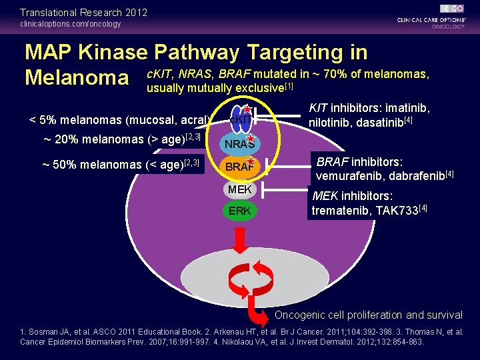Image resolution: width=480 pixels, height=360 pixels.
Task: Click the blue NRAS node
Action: click(239, 143)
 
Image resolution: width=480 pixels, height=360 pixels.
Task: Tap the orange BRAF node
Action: click(238, 167)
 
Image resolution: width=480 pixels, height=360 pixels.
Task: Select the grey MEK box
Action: click(239, 190)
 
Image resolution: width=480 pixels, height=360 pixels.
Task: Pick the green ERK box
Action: click(239, 211)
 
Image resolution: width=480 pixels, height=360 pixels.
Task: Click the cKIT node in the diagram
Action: click(239, 119)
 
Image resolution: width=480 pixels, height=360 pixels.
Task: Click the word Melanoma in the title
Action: click(77, 78)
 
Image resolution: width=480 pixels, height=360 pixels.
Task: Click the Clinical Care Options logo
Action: click(431, 19)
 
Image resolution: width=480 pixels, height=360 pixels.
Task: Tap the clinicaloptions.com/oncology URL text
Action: click(71, 24)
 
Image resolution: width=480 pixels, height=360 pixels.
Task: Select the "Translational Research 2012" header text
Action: click(84, 12)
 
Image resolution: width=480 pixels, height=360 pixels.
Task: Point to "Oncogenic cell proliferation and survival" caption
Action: click(369, 315)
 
